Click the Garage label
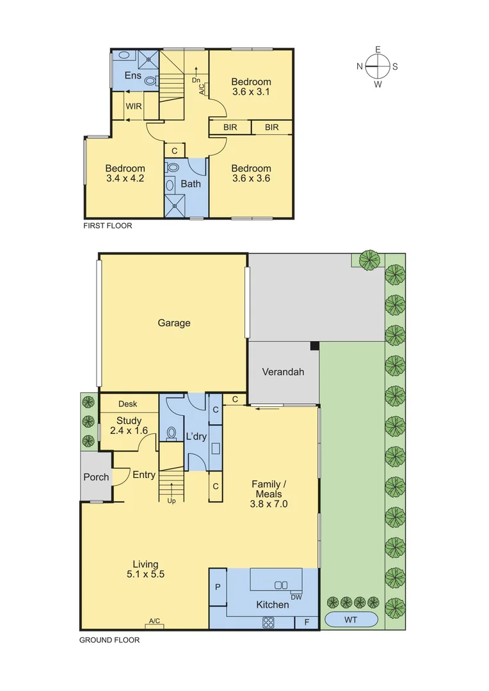tap(174, 323)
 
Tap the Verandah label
tap(282, 372)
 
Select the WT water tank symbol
tap(351, 620)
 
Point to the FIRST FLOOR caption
tap(108, 226)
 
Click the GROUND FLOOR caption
tap(109, 639)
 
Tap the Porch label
tap(95, 477)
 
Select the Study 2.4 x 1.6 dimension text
tap(128, 431)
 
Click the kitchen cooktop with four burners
tap(268, 622)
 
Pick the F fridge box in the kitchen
tap(306, 623)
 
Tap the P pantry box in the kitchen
tap(218, 586)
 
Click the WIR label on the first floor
tap(134, 106)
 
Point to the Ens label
tap(132, 75)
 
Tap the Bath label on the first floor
tap(191, 184)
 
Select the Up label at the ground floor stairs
tap(171, 500)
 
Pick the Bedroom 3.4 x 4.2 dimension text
tap(125, 179)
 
